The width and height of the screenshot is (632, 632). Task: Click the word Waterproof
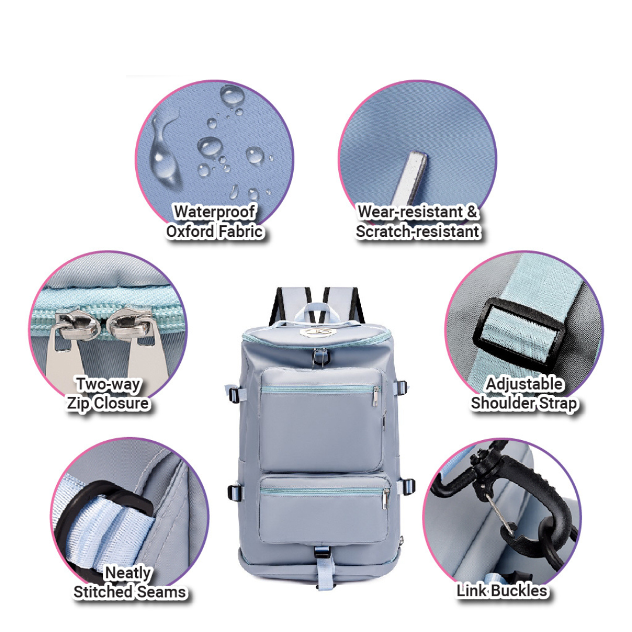coord(215,212)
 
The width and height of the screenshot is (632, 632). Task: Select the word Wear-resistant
coord(410,212)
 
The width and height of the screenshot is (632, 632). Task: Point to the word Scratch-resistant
coord(418,232)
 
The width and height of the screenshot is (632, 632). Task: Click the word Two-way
coord(109,384)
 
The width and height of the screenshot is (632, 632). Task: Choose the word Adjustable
coord(524,384)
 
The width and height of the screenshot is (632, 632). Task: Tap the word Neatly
coord(128,573)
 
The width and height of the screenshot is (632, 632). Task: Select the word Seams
coord(161,592)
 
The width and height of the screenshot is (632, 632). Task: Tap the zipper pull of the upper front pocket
coord(376,396)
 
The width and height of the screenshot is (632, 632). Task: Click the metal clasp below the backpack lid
coord(320,358)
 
